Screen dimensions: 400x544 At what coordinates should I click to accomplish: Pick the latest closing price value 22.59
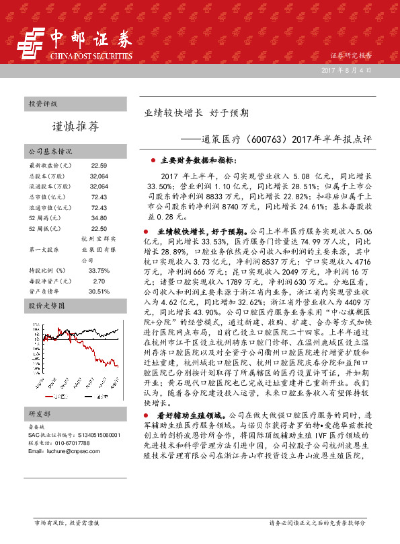[x=99, y=165]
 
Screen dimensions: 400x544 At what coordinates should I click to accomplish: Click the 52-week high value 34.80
[x=99, y=217]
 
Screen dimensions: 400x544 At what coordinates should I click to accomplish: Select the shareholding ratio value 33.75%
[x=99, y=270]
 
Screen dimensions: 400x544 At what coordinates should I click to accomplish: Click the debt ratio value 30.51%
[x=99, y=291]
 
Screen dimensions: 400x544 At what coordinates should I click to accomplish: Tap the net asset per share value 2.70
[x=99, y=281]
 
